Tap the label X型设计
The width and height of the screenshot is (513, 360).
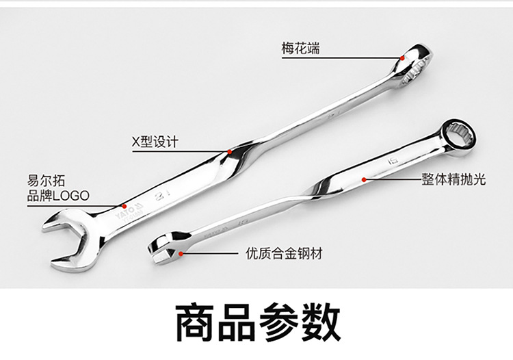click(x=155, y=142)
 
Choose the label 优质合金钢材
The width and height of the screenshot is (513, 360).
click(x=284, y=254)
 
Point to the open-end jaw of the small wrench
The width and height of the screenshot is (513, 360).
click(x=164, y=248)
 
